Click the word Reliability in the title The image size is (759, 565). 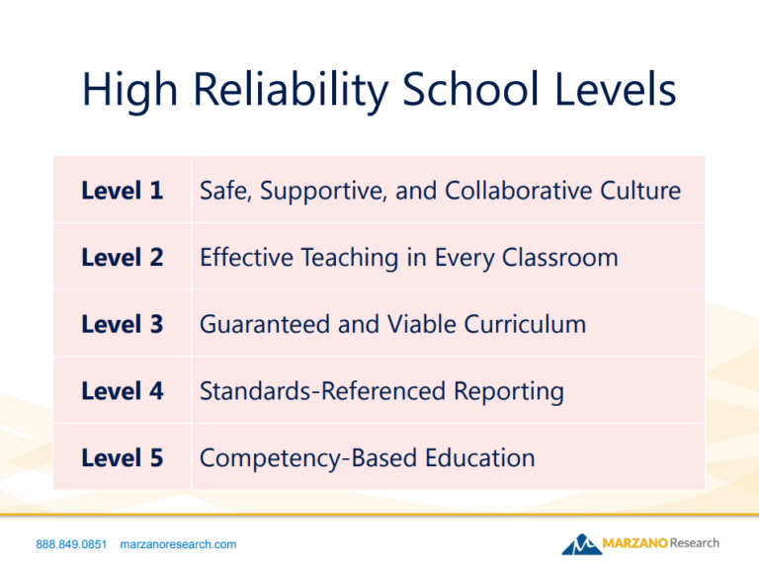coord(291,91)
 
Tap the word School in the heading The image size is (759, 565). coord(470,89)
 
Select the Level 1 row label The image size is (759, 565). coord(122,190)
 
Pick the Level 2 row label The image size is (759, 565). coord(122,257)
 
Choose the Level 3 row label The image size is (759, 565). coord(122,324)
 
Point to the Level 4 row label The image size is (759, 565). coord(122,390)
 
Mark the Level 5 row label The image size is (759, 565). coord(122,457)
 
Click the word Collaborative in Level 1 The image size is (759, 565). coord(519,190)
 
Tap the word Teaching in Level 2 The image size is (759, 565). coord(350,258)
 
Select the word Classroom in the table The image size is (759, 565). coord(560,257)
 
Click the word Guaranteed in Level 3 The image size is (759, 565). coord(265,324)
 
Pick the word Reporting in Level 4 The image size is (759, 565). coord(509,392)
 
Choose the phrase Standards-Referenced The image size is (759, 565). coord(322,390)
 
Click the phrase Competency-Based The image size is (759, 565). coord(308,458)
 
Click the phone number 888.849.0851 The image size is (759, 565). coord(71,544)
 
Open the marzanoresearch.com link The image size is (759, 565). coord(178,544)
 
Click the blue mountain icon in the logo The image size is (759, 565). coord(581,544)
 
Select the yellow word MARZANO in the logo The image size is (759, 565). coord(635,543)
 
